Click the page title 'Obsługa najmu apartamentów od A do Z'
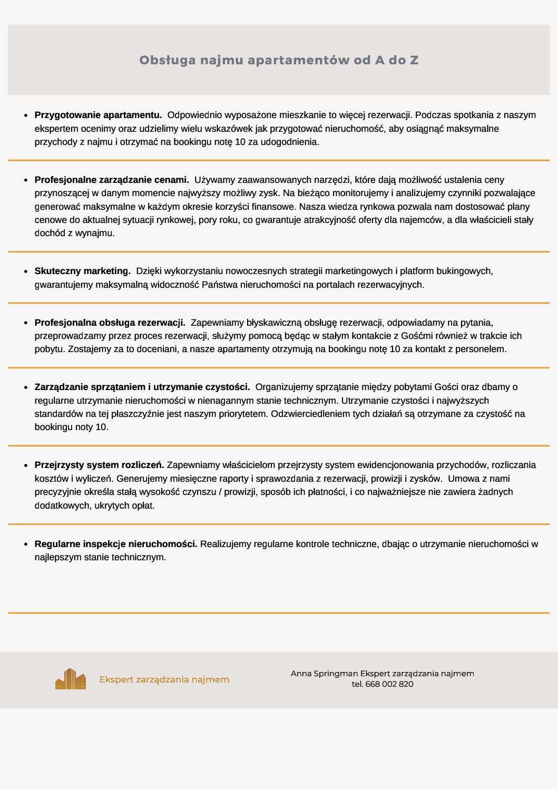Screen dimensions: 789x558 pyautogui.click(x=279, y=60)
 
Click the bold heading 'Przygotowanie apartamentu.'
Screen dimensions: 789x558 pyautogui.click(x=98, y=115)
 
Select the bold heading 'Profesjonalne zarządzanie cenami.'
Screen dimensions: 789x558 pyautogui.click(x=112, y=180)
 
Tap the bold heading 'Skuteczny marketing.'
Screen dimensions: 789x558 pyautogui.click(x=82, y=271)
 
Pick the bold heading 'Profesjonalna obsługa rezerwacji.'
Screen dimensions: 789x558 pyautogui.click(x=110, y=323)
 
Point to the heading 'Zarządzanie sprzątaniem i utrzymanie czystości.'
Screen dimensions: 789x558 pyautogui.click(x=142, y=387)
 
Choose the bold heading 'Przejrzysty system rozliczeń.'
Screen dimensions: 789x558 pyautogui.click(x=99, y=465)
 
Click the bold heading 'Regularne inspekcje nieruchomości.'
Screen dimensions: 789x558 pyautogui.click(x=116, y=544)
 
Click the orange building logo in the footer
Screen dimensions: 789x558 pyautogui.click(x=71, y=679)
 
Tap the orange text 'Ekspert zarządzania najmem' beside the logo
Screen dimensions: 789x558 pyautogui.click(x=164, y=679)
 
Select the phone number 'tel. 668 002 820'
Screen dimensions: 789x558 pyautogui.click(x=383, y=684)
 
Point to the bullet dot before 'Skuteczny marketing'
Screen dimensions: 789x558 pyautogui.click(x=26, y=271)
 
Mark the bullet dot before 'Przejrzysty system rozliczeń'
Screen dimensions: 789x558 pyautogui.click(x=26, y=465)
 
